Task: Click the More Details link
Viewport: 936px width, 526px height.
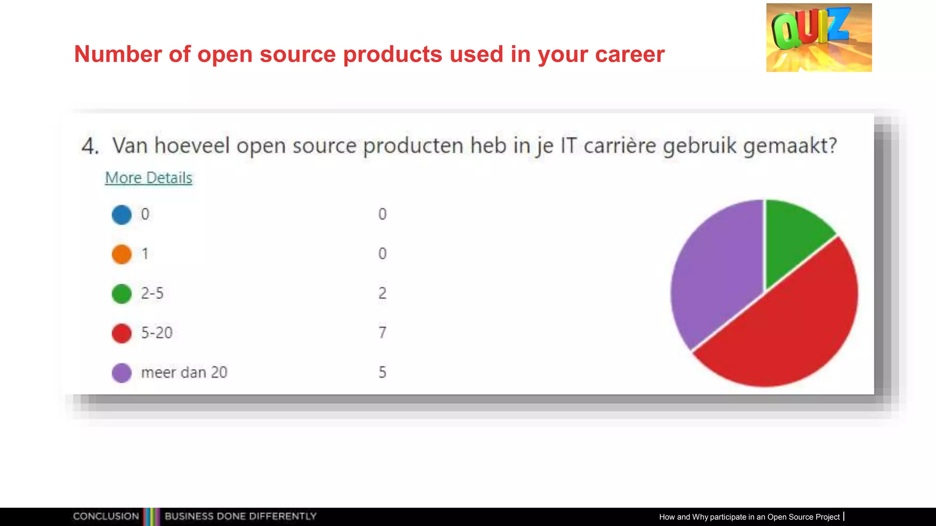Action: [x=149, y=178]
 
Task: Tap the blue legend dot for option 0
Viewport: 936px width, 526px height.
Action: [x=122, y=215]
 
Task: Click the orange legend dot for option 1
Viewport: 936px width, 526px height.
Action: [x=122, y=254]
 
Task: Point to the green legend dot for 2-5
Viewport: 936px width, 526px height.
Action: [x=122, y=294]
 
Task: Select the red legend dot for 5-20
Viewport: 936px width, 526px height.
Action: [x=122, y=333]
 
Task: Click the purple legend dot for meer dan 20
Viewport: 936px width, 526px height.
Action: [x=122, y=373]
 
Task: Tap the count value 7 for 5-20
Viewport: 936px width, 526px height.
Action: [x=383, y=333]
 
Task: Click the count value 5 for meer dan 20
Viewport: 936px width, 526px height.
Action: [x=383, y=373]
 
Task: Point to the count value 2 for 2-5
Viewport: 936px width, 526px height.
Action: [x=383, y=293]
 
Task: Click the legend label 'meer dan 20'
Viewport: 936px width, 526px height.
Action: [x=184, y=373]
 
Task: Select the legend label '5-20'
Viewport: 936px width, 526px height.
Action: [x=157, y=333]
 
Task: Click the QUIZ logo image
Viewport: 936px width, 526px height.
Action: [x=819, y=37]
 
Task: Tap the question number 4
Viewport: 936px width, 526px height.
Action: [x=90, y=147]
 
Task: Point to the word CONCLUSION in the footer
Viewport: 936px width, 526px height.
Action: [x=106, y=516]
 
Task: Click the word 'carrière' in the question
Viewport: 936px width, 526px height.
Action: [x=620, y=146]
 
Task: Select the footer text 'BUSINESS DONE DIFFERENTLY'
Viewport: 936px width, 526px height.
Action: [x=240, y=516]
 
